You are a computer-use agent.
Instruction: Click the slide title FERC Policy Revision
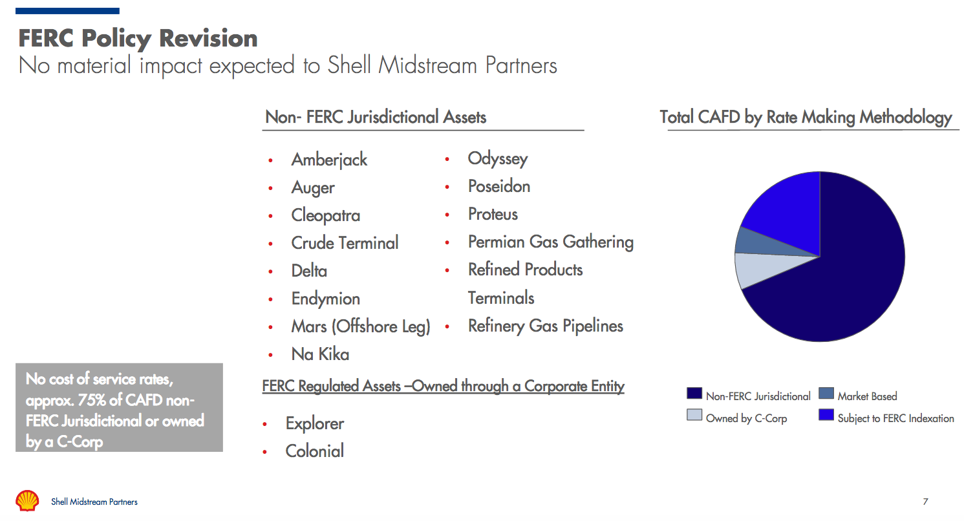click(x=138, y=38)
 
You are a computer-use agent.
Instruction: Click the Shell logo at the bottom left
click(x=28, y=501)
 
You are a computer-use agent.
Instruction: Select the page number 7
click(x=925, y=502)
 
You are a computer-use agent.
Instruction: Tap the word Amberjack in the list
click(x=329, y=160)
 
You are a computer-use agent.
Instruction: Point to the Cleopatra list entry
click(x=325, y=215)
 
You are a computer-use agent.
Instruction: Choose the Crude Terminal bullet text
click(x=345, y=243)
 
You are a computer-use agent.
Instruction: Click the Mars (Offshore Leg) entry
click(x=360, y=326)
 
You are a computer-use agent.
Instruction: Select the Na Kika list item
click(x=320, y=354)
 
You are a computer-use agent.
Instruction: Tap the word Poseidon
click(x=498, y=186)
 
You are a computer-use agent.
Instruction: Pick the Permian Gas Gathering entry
click(x=550, y=242)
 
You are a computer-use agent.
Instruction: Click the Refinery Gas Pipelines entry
click(x=545, y=326)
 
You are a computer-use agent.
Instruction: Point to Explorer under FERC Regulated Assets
click(x=314, y=423)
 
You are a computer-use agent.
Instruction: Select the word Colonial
click(x=314, y=451)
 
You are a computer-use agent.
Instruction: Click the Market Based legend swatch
click(x=826, y=394)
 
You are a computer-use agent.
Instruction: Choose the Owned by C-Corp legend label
click(x=746, y=418)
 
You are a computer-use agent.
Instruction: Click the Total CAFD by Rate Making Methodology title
click(x=806, y=117)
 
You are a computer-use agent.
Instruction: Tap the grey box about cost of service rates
click(x=120, y=407)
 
